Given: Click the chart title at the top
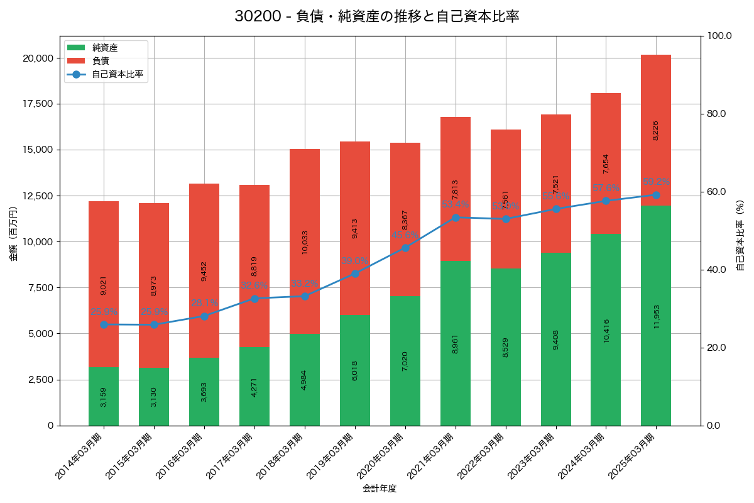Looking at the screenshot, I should [377, 16].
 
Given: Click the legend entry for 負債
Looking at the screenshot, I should [101, 61].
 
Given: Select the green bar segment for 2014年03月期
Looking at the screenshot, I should [104, 396].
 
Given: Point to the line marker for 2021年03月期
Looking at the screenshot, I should [456, 218].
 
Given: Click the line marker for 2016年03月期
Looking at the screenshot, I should [204, 316].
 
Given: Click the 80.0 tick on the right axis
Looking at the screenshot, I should [716, 114].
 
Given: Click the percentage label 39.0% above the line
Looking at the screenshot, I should [355, 261].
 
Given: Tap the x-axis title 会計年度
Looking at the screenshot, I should [380, 489].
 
